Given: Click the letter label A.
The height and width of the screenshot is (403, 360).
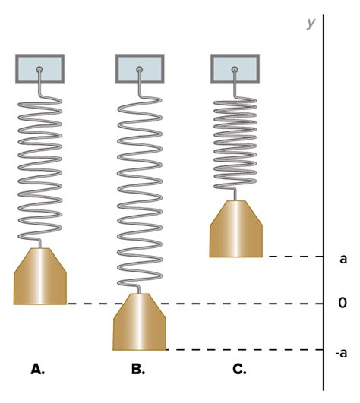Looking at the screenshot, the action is coord(37,369).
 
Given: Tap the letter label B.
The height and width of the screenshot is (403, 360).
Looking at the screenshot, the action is coord(138,369).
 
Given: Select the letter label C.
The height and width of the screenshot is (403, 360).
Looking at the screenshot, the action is coord(239,369).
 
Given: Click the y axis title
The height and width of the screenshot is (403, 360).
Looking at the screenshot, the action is coord(311,24).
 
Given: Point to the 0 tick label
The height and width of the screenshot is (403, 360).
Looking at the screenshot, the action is coord(343,303).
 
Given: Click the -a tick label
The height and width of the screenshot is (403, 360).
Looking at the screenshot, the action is coord(341,353).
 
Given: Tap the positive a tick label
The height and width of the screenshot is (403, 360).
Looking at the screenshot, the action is coord(343,259).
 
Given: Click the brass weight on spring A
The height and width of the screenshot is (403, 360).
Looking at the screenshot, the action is coord(40,276).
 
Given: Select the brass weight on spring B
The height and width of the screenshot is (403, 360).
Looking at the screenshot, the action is coord(140,322).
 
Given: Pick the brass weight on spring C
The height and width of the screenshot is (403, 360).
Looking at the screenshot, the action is coord(236,228).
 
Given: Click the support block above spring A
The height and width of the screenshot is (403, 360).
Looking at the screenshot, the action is coord(39,69).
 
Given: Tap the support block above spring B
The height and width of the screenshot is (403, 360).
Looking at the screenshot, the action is coord(140,69).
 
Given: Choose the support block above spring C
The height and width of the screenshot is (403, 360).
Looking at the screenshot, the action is coord(235,69).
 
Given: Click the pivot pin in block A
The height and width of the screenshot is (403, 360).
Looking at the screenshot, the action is coord(39,69).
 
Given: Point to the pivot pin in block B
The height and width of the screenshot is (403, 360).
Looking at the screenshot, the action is coord(140,69).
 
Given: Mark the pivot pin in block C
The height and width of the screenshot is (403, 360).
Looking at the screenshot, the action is coord(235,69).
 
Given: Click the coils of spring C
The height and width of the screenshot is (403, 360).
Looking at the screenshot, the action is coord(235,143).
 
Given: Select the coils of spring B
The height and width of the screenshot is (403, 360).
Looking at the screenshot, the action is coord(140,192).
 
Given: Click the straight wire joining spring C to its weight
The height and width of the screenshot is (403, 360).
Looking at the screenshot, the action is coord(235,194).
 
